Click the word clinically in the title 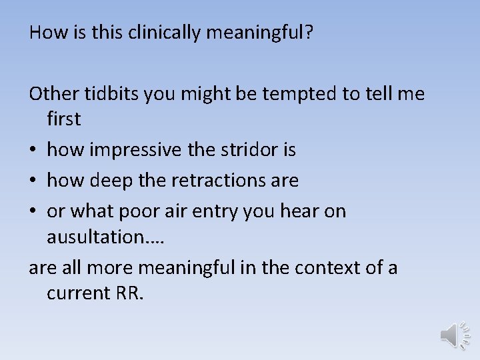point(153,33)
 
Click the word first point(63,119)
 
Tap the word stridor point(253,150)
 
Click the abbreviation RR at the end point(129,293)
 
